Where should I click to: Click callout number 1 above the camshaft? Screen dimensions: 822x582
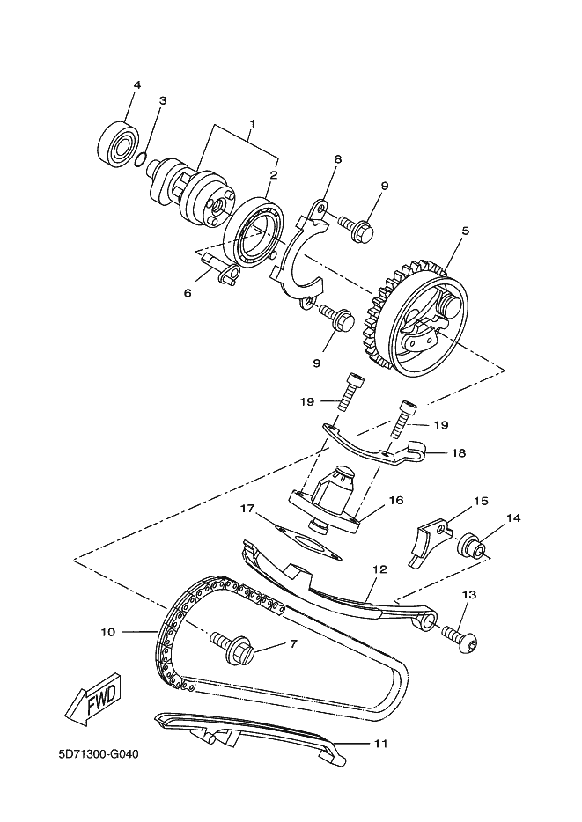[252, 123]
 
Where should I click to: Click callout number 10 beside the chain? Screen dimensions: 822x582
[107, 631]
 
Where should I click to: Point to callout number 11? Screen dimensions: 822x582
[380, 744]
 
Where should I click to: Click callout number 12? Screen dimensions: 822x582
[379, 569]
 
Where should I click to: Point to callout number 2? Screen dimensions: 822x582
[274, 175]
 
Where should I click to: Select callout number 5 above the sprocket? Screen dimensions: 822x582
[465, 231]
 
